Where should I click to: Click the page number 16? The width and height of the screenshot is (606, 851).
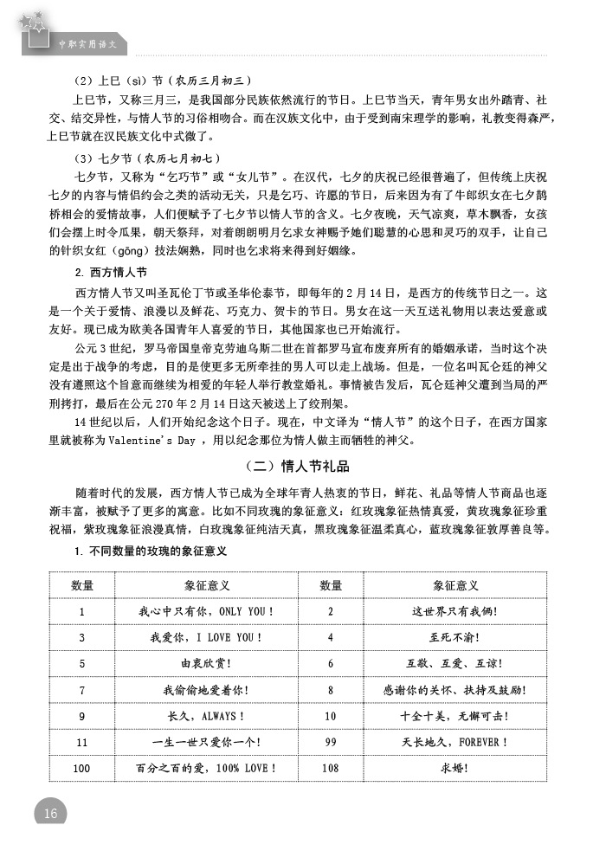[49, 813]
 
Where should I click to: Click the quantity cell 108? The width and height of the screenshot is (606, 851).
[330, 768]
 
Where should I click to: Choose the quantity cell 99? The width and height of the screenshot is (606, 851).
[330, 742]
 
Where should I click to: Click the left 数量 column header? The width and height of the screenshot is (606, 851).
[82, 586]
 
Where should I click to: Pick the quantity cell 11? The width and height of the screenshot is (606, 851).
[82, 742]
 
